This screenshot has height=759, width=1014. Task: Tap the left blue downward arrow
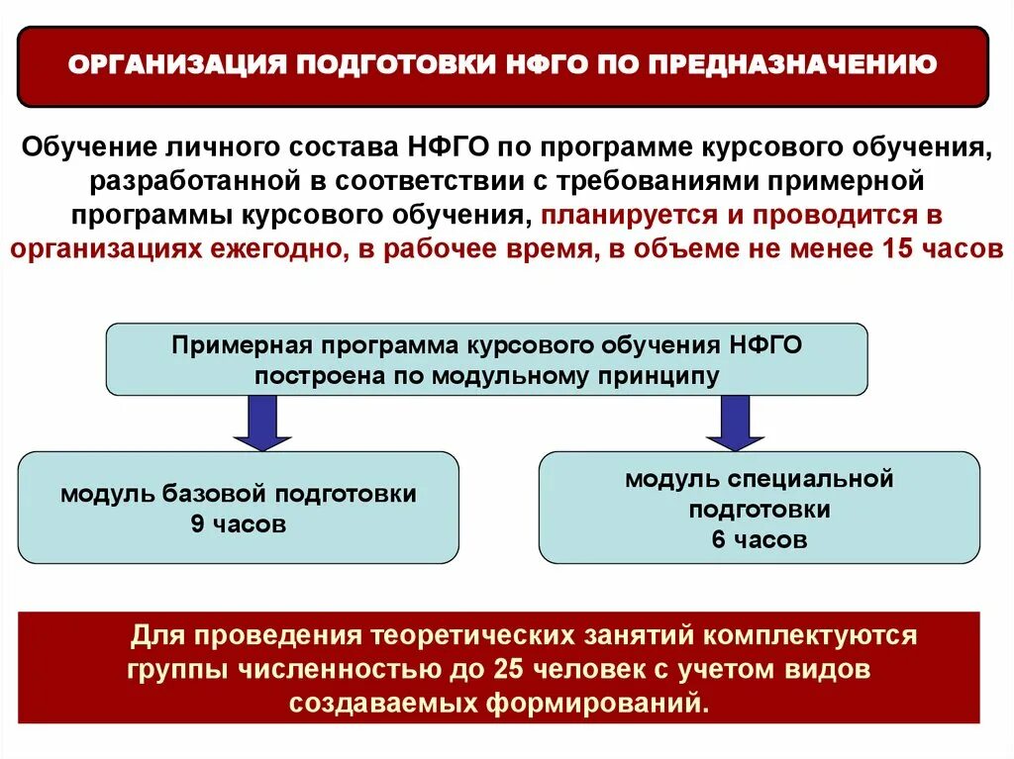262,423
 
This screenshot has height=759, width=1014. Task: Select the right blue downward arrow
735,423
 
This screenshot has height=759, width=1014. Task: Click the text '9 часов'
239,524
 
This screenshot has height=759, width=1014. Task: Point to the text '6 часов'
759,540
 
